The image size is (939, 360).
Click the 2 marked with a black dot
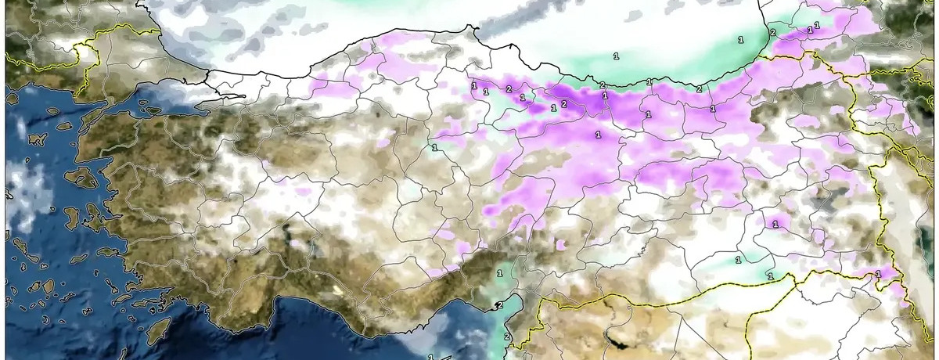pyautogui.click(x=499, y=306)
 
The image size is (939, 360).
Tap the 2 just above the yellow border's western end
pyautogui.click(x=507, y=337)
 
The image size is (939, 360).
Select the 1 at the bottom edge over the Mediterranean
pyautogui.click(x=430, y=356)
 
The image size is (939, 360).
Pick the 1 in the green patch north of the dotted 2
pyautogui.click(x=499, y=273)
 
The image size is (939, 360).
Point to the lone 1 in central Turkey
pyautogui.click(x=434, y=147)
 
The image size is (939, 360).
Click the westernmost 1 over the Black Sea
pyautogui.click(x=616, y=56)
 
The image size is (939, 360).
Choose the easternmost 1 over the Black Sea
pyautogui.click(x=739, y=38)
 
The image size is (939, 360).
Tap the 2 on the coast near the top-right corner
pyautogui.click(x=772, y=32)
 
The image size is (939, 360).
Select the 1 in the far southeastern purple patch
pyautogui.click(x=878, y=274)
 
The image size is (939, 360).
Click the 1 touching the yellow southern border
pyautogui.click(x=770, y=276)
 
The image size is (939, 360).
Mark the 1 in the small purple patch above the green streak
pyautogui.click(x=775, y=225)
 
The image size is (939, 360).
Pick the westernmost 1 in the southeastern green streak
pyautogui.click(x=738, y=259)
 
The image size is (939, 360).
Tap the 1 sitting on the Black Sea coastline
pyautogui.click(x=649, y=81)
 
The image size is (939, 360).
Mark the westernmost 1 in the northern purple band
pyautogui.click(x=474, y=85)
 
